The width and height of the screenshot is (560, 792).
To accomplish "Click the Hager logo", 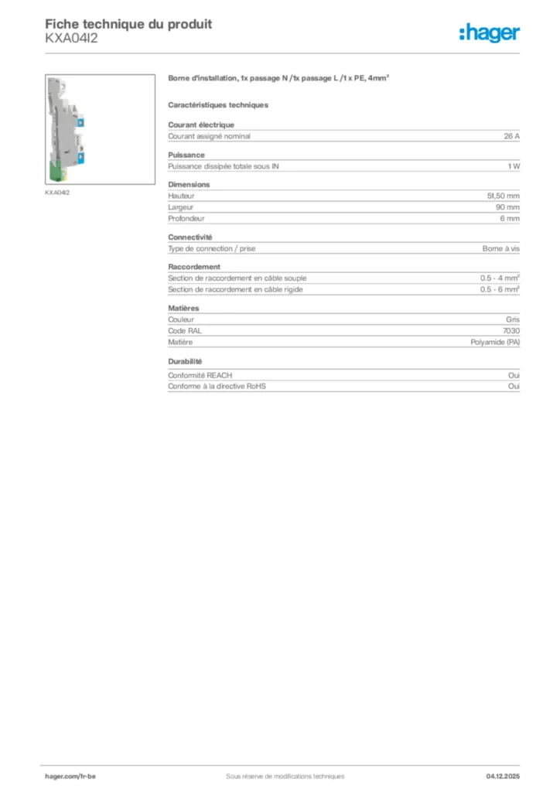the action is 490,32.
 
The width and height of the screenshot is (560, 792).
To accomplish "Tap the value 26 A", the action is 511,136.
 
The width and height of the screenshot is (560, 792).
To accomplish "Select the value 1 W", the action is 514,166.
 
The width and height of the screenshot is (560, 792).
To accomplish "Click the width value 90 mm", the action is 507,207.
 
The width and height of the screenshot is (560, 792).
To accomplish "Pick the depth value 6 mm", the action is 510,219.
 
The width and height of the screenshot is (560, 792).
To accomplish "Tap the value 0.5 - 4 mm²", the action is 499,278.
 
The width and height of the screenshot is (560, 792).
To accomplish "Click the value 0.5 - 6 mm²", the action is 499,289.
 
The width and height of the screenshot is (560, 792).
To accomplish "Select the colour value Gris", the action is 513,319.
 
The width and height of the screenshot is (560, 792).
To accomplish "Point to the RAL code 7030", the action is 511,331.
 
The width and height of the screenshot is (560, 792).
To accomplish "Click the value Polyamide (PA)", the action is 495,342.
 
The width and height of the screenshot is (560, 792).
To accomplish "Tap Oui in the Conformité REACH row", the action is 514,375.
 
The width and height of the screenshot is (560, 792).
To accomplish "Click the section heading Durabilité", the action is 185,361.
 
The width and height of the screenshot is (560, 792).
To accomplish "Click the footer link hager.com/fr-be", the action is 70,776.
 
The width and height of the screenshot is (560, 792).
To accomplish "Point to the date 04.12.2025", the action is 503,776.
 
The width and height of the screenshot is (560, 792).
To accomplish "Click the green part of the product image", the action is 59,169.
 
